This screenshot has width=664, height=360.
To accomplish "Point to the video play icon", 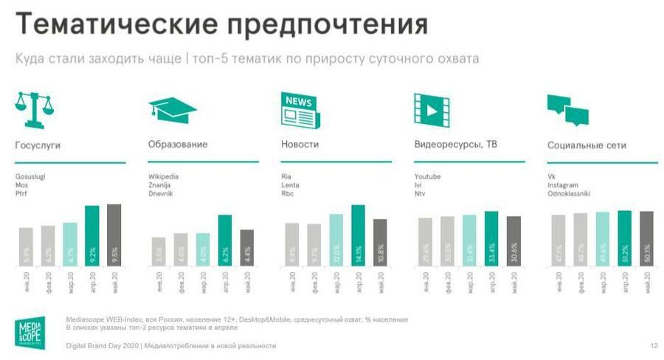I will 432,108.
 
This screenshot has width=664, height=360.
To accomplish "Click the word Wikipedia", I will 164,176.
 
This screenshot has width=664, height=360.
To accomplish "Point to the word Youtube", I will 428,176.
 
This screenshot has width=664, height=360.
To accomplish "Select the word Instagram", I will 563,185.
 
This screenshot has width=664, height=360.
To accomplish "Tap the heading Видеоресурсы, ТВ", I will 455,145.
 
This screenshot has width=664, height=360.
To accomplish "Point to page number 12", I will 653,345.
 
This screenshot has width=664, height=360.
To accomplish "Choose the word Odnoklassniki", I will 568,193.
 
